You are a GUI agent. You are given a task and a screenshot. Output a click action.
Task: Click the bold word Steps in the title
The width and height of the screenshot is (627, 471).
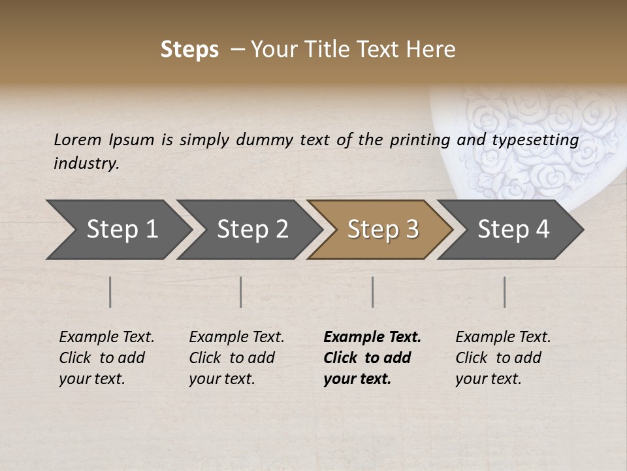(189, 50)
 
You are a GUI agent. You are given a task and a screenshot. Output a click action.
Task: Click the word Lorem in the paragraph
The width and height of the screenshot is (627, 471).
(77, 139)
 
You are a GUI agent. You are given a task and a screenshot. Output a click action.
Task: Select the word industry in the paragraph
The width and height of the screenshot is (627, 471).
(86, 164)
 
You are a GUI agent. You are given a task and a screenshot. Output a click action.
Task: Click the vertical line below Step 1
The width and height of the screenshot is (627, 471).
(110, 292)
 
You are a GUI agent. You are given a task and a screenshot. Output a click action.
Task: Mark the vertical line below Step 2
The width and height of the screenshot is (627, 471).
(241, 292)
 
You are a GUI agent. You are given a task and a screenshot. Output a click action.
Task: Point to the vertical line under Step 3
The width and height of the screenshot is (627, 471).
(372, 292)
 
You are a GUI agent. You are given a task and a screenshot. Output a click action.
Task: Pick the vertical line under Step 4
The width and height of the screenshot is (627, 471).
(504, 292)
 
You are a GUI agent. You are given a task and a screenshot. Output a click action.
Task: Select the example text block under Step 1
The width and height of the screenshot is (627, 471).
(106, 358)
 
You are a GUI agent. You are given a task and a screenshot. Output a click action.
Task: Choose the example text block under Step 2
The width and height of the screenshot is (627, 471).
(236, 358)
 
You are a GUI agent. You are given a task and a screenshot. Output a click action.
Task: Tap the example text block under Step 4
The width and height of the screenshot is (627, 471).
(503, 358)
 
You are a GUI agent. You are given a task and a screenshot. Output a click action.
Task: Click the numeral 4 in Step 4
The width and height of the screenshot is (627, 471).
(541, 230)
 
